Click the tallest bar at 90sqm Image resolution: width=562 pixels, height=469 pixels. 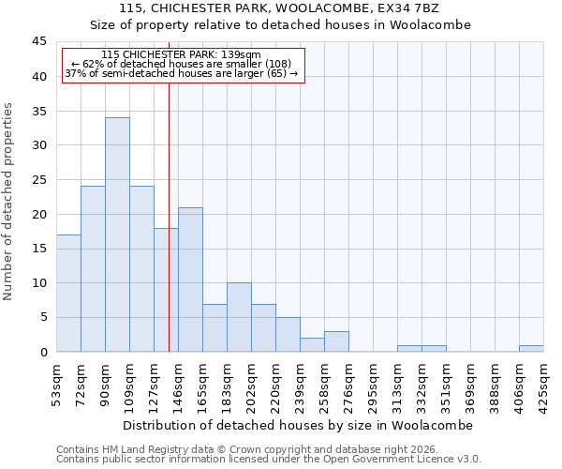point(117,234)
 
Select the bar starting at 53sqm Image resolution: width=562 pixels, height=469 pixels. point(68,293)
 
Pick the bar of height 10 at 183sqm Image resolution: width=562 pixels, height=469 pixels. point(239,317)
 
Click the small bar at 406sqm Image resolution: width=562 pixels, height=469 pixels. point(531,349)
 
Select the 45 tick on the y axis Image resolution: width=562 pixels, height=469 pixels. point(38,42)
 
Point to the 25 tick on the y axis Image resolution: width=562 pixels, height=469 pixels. point(38,180)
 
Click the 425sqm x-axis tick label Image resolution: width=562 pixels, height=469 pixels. point(544,386)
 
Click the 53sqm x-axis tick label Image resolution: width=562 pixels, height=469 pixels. point(57,386)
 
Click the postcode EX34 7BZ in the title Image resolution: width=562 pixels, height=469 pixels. point(414,8)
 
